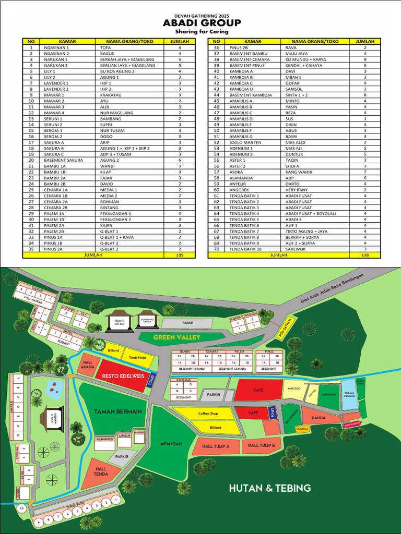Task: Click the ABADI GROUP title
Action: click(202, 23)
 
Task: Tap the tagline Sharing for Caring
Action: click(202, 32)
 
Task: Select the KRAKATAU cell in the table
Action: click(112, 95)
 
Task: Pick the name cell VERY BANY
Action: click(297, 190)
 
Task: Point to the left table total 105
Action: click(180, 256)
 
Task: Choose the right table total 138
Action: click(365, 256)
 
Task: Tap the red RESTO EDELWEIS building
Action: click(121, 375)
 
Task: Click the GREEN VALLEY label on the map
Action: click(176, 337)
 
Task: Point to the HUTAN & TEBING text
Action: click(270, 488)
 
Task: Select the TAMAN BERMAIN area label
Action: click(118, 411)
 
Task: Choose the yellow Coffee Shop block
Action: click(208, 414)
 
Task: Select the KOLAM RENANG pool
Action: click(349, 394)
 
